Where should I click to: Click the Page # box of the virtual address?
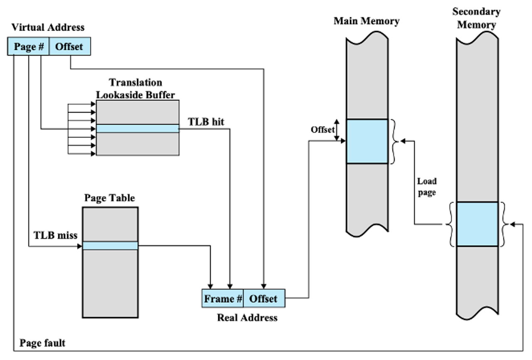pyautogui.click(x=28, y=46)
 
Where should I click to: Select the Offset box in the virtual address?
pyautogui.click(x=69, y=46)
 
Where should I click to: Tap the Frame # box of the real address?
pyautogui.click(x=222, y=298)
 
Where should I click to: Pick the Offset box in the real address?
pyautogui.click(x=264, y=298)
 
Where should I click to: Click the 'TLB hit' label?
pyautogui.click(x=206, y=122)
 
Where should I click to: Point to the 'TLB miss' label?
pyautogui.click(x=55, y=235)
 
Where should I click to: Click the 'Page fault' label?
pyautogui.click(x=42, y=343)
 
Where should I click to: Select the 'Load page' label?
pyautogui.click(x=427, y=187)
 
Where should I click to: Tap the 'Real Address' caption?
pyautogui.click(x=247, y=318)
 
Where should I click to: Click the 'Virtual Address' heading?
pyautogui.click(x=48, y=27)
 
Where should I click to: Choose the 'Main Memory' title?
pyautogui.click(x=367, y=21)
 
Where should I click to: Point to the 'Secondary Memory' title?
pyautogui.click(x=476, y=18)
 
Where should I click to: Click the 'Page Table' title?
pyautogui.click(x=109, y=198)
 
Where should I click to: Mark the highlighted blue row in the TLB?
pyautogui.click(x=138, y=128)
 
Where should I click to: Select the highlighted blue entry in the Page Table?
pyautogui.click(x=110, y=246)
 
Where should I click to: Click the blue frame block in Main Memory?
pyautogui.click(x=367, y=141)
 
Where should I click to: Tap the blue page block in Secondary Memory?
pyautogui.click(x=478, y=224)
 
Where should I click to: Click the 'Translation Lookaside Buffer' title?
pyautogui.click(x=135, y=89)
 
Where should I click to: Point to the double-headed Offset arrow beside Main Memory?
pyautogui.click(x=337, y=130)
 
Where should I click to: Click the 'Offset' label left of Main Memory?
pyautogui.click(x=323, y=130)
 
